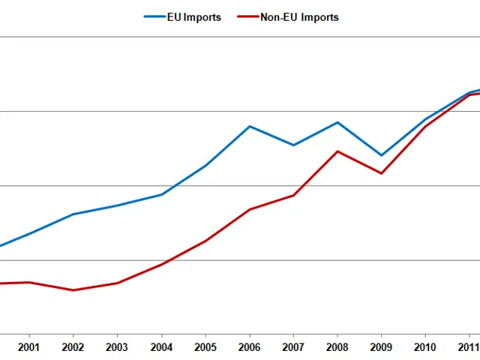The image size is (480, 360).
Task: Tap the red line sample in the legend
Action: coord(247,17)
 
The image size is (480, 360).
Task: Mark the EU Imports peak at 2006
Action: coord(249,126)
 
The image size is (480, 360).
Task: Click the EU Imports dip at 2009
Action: coord(382,155)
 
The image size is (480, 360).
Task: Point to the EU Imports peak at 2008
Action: coord(337,122)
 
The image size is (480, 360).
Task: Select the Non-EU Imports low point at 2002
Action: coord(73,290)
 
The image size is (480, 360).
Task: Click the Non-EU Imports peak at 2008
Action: coord(337,151)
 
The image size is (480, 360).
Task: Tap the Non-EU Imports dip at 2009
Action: coord(382,173)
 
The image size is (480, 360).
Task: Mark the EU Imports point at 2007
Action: coord(293,145)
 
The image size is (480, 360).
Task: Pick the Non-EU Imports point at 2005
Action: coord(205,241)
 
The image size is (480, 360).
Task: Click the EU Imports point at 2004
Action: coord(161,194)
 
